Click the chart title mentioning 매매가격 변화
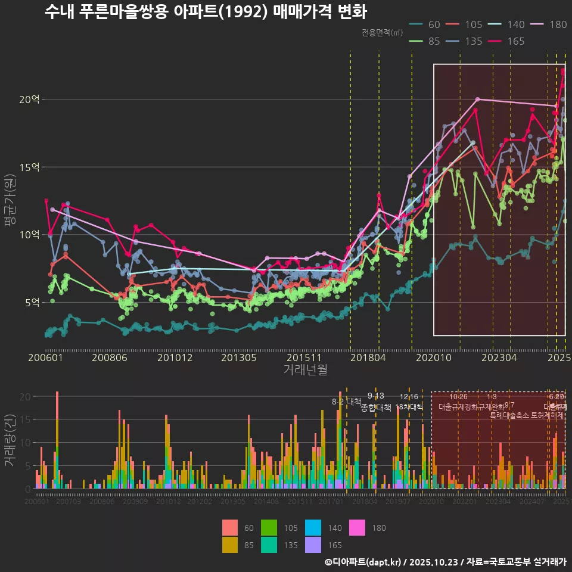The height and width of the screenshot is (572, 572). point(206,12)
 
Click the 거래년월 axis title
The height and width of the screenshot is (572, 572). point(305,370)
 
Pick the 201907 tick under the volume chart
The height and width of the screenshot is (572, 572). point(398,502)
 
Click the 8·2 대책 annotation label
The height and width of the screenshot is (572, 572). point(347,402)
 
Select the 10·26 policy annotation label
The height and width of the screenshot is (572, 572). point(458,397)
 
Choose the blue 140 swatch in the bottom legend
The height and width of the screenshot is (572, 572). point(313,527)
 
